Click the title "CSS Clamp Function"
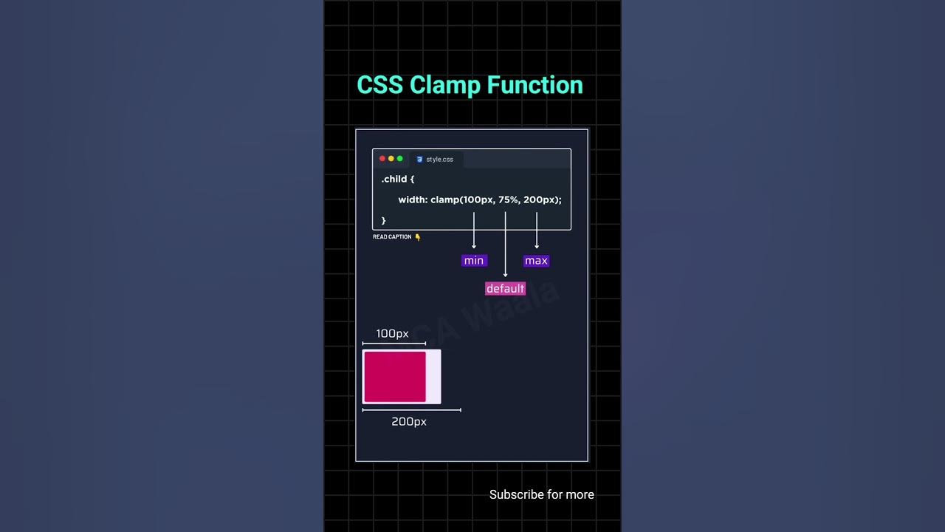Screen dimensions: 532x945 coord(470,85)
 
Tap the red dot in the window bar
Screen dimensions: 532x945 coord(382,159)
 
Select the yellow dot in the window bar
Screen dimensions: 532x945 coord(391,159)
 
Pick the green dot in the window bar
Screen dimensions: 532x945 coord(400,159)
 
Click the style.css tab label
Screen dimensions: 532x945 coord(439,160)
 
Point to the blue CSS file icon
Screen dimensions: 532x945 coord(419,160)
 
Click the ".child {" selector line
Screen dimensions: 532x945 coord(398,180)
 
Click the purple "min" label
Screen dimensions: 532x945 coord(474,261)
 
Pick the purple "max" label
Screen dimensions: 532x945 coord(536,261)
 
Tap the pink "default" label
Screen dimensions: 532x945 coord(505,289)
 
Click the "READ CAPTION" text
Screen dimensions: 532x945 coord(392,237)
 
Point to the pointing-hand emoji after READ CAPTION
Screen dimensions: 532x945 coord(418,237)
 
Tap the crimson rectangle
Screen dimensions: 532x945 coord(395,377)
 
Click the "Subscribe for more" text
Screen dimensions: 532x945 coord(541,495)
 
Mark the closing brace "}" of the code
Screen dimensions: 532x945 coord(384,221)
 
